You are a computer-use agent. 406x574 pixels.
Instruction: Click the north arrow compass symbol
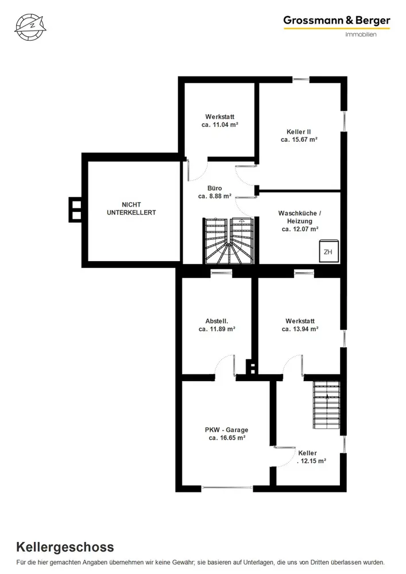pyautogui.click(x=31, y=27)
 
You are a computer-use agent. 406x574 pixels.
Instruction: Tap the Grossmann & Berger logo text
pyautogui.click(x=337, y=21)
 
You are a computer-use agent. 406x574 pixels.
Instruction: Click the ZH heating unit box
pyautogui.click(x=328, y=251)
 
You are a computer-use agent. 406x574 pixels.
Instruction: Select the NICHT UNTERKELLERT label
pyautogui.click(x=131, y=209)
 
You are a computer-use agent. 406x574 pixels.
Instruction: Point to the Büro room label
pyautogui.click(x=215, y=188)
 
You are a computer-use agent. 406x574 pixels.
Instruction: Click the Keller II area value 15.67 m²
pyautogui.click(x=299, y=139)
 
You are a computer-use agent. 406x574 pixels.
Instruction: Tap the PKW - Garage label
pyautogui.click(x=227, y=430)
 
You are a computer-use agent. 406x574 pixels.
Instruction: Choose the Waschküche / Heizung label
pyautogui.click(x=299, y=217)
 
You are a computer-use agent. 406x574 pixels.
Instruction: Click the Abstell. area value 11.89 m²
pyautogui.click(x=216, y=329)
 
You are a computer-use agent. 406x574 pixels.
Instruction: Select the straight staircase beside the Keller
pyautogui.click(x=326, y=405)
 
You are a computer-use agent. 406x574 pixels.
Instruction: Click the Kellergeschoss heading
pyautogui.click(x=65, y=547)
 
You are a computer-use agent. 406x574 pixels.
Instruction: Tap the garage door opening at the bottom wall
pyautogui.click(x=227, y=488)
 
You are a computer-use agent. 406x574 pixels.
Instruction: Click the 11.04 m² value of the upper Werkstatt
pyautogui.click(x=220, y=125)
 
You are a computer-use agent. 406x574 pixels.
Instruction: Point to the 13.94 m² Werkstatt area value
pyautogui.click(x=300, y=329)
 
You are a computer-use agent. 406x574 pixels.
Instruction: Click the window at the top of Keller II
pyautogui.click(x=301, y=79)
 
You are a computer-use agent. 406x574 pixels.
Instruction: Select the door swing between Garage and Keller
pyautogui.click(x=285, y=456)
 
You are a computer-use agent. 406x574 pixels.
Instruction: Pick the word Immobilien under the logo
pyautogui.click(x=361, y=34)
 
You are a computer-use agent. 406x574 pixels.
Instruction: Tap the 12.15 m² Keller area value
pyautogui.click(x=312, y=461)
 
